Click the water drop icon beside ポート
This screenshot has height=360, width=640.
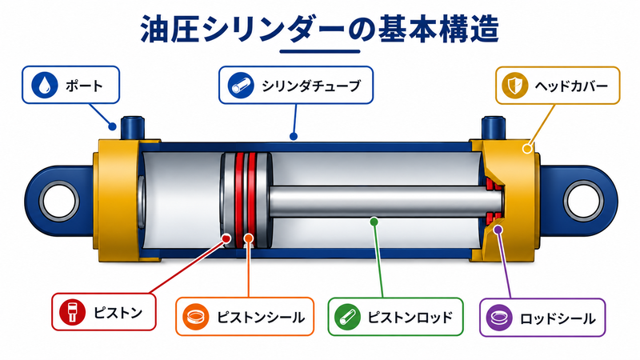(45, 85)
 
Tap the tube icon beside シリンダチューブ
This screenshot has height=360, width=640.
(241, 86)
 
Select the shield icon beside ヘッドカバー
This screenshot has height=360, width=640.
(514, 86)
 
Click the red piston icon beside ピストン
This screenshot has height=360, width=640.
(72, 312)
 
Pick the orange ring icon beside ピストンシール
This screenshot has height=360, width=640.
(196, 317)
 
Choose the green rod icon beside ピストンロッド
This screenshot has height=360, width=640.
(347, 317)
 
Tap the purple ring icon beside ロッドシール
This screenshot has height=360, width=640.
(499, 318)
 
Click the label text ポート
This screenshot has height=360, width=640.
(85, 86)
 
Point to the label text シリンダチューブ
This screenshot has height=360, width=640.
(311, 86)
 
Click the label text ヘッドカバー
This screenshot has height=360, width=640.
(571, 86)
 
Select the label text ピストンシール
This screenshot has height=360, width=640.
(261, 317)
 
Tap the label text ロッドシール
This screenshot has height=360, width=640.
(557, 318)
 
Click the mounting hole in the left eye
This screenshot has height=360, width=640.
(59, 202)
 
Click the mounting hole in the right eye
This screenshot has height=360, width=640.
(583, 202)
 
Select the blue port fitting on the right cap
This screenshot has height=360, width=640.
(493, 128)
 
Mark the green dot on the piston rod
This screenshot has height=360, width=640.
(374, 222)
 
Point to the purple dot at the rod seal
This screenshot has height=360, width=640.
(498, 230)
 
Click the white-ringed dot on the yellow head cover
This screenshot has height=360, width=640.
(527, 148)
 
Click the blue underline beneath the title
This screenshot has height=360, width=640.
(320, 51)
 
